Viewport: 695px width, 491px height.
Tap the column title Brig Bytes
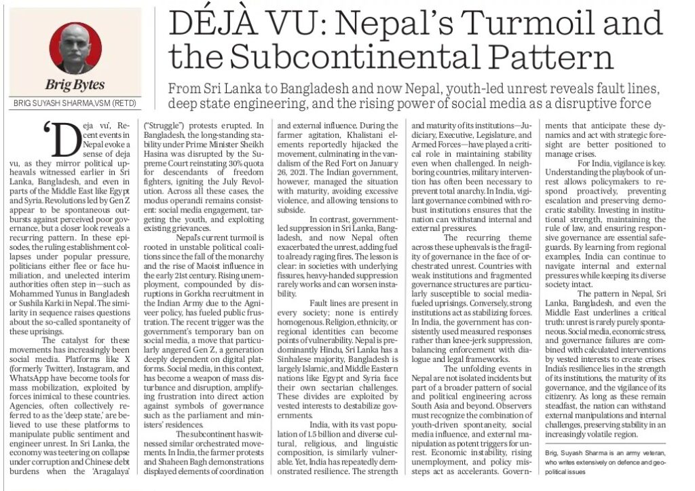tap(75, 84)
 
